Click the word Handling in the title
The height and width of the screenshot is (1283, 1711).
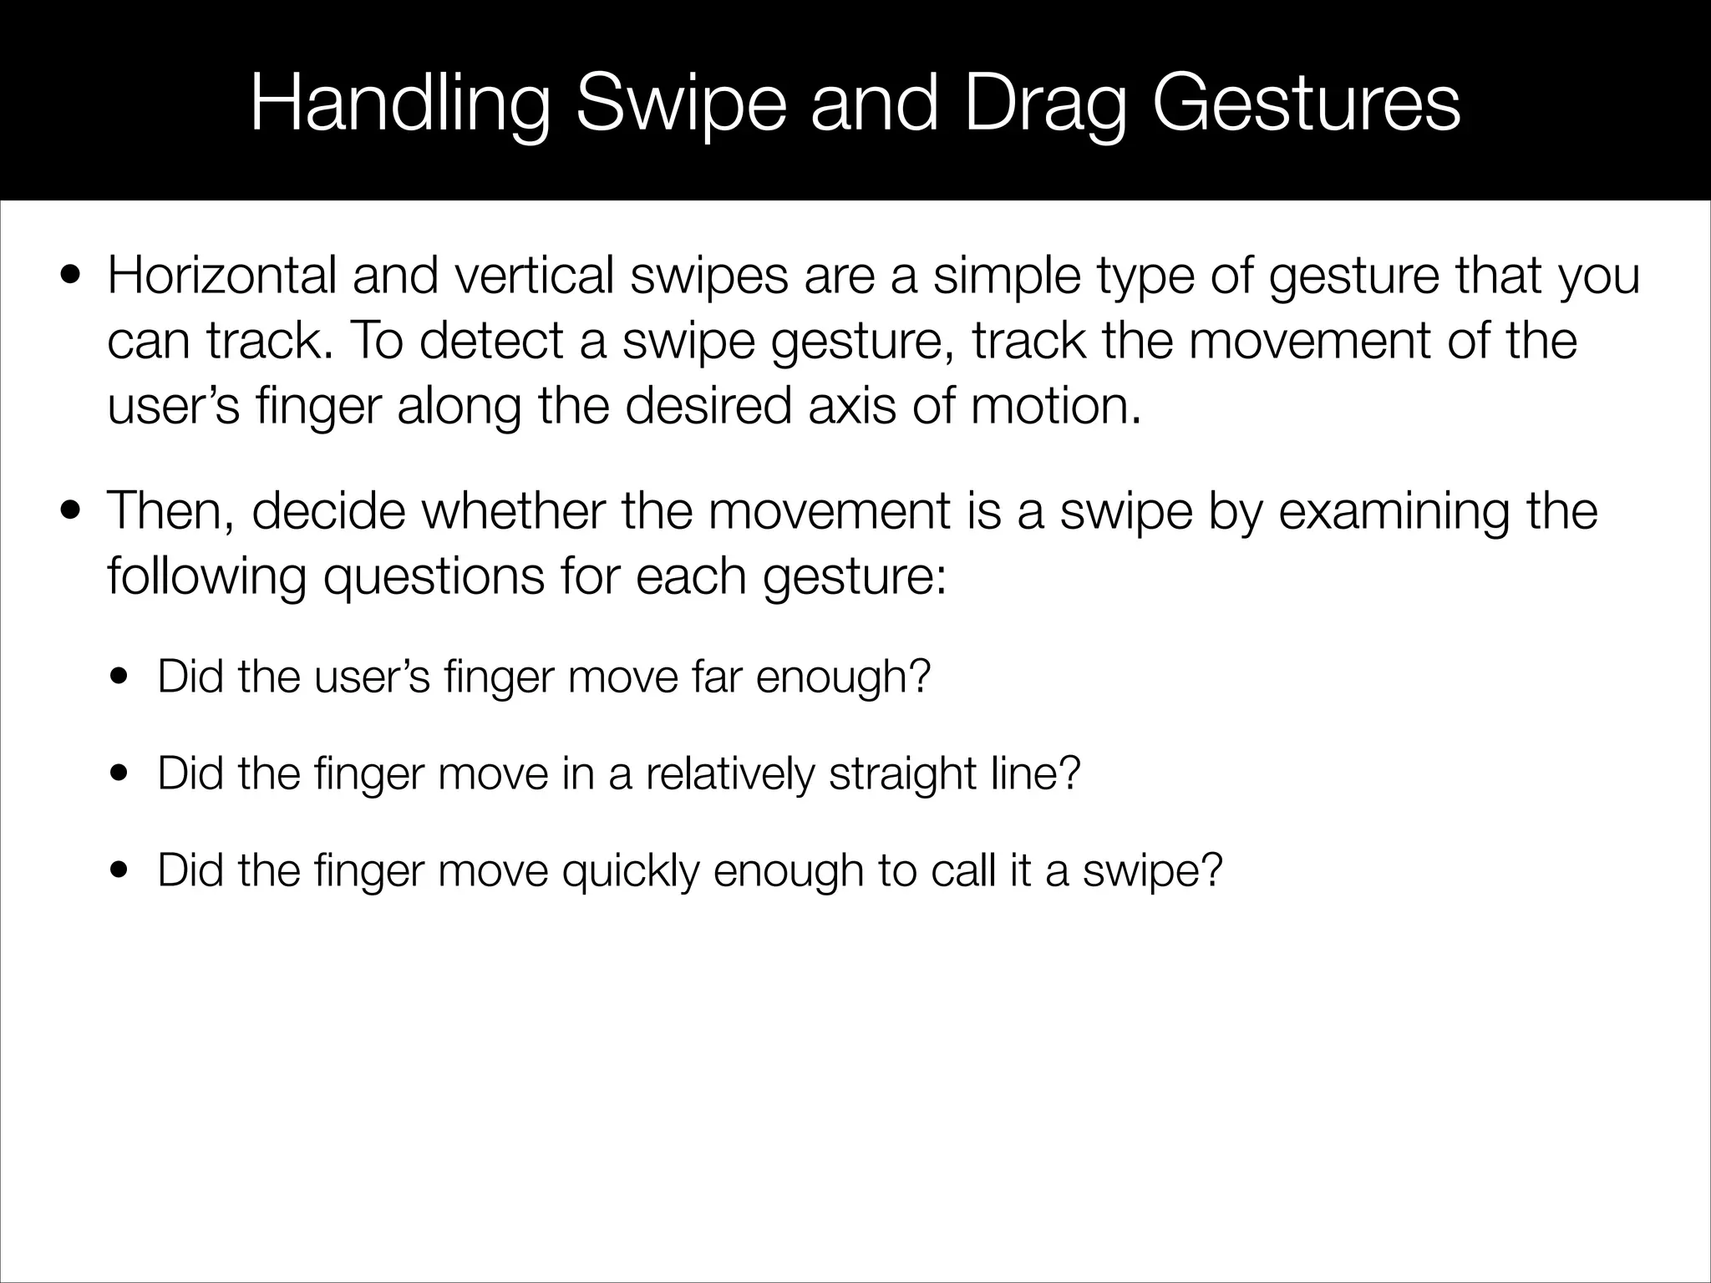click(400, 106)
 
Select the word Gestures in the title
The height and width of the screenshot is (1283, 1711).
click(1306, 106)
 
